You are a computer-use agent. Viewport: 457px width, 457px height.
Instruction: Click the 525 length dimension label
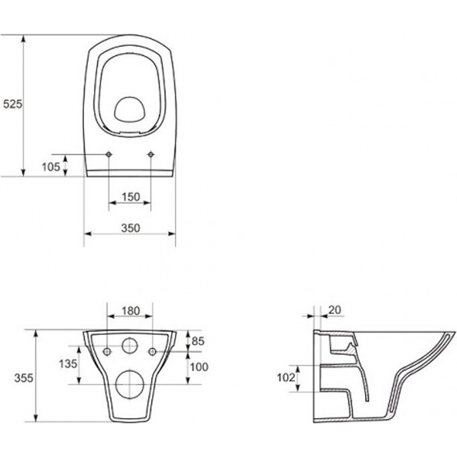click(x=13, y=103)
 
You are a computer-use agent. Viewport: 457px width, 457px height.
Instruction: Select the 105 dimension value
click(x=51, y=167)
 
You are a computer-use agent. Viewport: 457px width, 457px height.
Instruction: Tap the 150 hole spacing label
click(x=131, y=197)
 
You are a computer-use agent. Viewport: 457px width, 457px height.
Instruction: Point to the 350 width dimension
click(x=130, y=228)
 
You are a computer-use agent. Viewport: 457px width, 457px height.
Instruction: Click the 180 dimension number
click(x=130, y=311)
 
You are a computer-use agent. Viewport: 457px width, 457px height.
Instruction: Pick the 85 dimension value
click(x=198, y=341)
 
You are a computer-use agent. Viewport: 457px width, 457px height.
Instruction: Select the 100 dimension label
click(x=199, y=367)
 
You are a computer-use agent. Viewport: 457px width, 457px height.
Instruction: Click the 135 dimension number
click(x=68, y=364)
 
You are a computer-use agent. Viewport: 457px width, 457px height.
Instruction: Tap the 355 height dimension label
click(x=24, y=378)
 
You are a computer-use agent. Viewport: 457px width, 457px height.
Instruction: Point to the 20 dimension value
click(x=335, y=310)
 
